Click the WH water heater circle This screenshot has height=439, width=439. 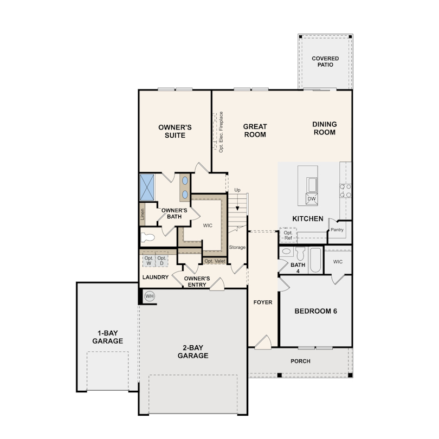[150, 296]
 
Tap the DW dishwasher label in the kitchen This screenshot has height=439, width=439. [312, 199]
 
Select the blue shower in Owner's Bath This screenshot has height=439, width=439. [147, 187]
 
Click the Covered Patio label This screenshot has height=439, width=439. [325, 62]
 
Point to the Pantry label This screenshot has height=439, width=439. [337, 230]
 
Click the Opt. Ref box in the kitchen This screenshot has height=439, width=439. [288, 235]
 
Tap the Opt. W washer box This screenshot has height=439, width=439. [149, 261]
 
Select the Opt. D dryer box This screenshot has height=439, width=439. [162, 261]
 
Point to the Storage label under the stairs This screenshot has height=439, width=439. [237, 247]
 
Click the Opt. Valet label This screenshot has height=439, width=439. [215, 261]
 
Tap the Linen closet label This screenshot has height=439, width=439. [142, 214]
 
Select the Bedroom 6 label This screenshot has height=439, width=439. [316, 311]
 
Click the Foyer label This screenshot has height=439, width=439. [263, 302]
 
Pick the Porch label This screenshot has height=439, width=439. [300, 361]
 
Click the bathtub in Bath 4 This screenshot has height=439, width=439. [315, 260]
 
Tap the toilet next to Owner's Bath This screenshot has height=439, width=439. [147, 238]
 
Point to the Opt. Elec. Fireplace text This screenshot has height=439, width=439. [221, 132]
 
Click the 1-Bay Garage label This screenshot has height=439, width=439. [108, 337]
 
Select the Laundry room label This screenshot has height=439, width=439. [156, 277]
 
